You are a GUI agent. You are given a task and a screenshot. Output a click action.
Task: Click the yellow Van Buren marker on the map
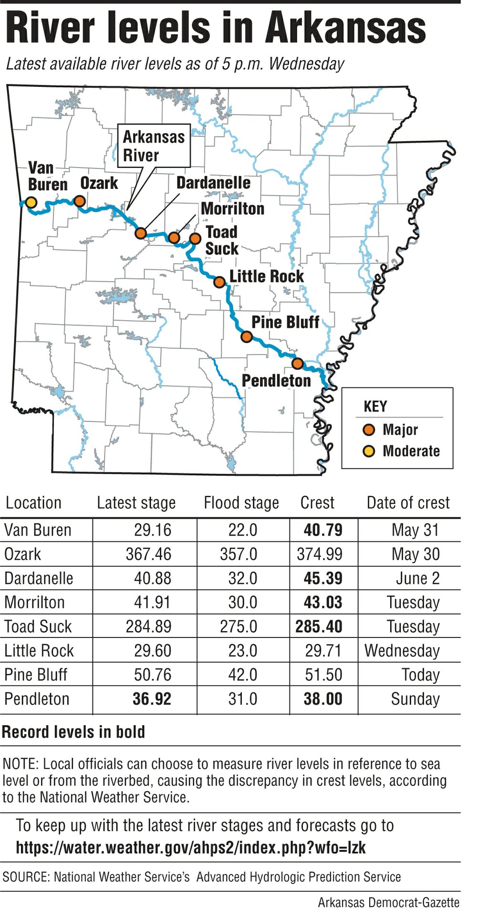click(31, 202)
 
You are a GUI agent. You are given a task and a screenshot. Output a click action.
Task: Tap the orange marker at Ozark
click(80, 201)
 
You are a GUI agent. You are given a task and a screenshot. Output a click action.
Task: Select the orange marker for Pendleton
click(297, 364)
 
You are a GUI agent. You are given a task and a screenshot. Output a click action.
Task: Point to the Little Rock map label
click(266, 276)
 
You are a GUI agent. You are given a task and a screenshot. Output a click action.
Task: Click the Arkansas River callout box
click(154, 146)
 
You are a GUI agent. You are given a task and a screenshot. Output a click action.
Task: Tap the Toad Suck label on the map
click(222, 240)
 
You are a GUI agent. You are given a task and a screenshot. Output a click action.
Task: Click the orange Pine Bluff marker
click(246, 337)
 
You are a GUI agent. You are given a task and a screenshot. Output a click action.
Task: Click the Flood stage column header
click(241, 503)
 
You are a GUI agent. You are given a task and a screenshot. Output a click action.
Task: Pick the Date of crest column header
click(408, 503)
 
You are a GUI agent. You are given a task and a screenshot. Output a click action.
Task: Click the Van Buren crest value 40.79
click(323, 530)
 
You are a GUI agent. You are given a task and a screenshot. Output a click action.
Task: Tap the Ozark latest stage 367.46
click(148, 554)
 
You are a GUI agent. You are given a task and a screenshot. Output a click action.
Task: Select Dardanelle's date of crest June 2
click(418, 578)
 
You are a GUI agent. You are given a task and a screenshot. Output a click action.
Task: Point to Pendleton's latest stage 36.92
click(152, 699)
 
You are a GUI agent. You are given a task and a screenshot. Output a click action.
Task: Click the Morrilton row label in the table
click(34, 603)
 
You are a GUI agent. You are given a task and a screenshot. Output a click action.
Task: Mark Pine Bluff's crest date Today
click(420, 675)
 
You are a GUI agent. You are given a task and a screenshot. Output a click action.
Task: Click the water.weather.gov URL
click(191, 847)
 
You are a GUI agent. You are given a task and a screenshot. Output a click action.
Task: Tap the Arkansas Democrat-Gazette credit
click(389, 903)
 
